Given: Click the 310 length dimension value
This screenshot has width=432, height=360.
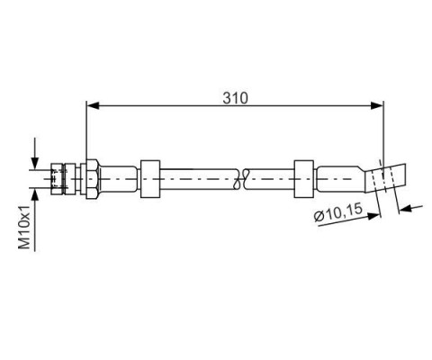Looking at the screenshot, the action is pyautogui.click(x=236, y=98).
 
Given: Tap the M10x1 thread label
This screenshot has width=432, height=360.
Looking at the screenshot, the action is pyautogui.click(x=24, y=227).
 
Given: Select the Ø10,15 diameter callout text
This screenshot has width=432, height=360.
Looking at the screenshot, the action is pyautogui.click(x=338, y=212).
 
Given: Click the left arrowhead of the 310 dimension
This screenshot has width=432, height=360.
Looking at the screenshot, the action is pyautogui.click(x=93, y=105).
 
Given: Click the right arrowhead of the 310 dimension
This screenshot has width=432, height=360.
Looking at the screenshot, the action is pyautogui.click(x=377, y=105).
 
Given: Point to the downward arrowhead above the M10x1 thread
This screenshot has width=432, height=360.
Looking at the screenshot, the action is pyautogui.click(x=35, y=163).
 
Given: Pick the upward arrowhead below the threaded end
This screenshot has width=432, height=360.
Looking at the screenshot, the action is pyautogui.click(x=35, y=195).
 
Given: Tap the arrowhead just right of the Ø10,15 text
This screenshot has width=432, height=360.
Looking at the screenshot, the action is pyautogui.click(x=374, y=216).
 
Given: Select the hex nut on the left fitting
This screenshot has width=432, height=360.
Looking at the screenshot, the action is pyautogui.click(x=92, y=179).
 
